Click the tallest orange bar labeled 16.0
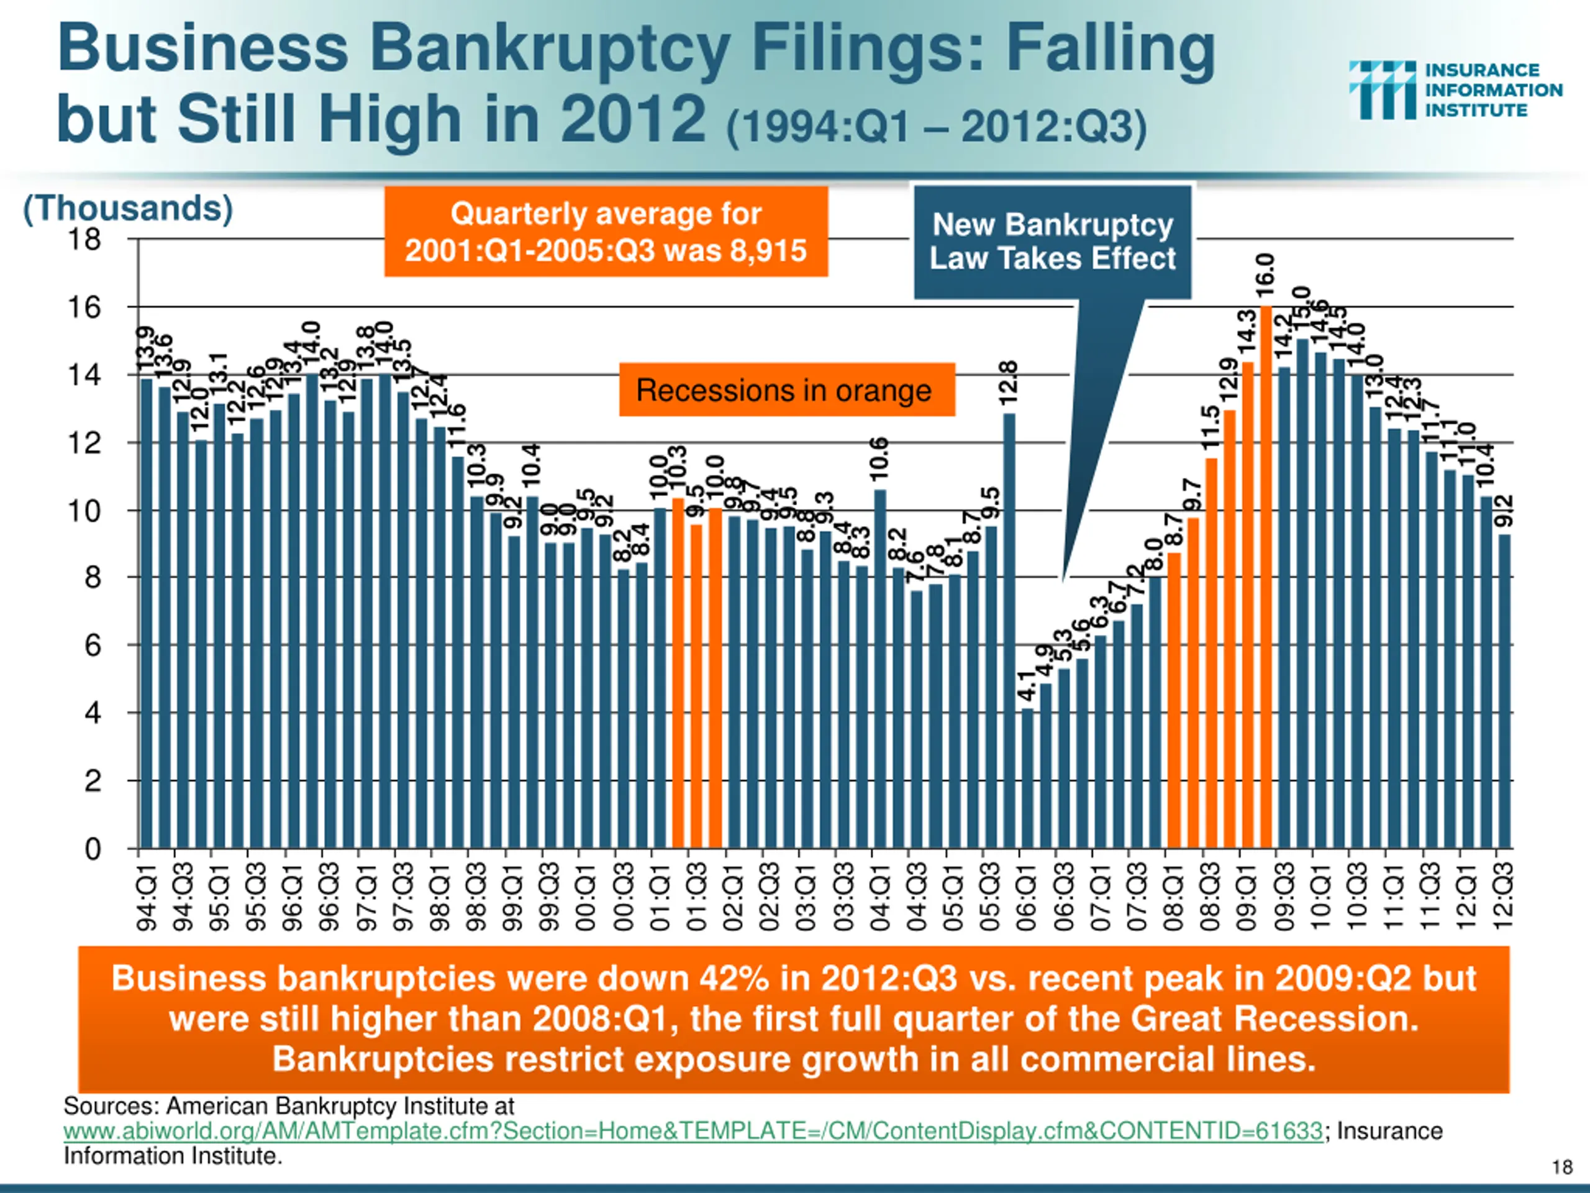pyautogui.click(x=1266, y=575)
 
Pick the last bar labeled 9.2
pyautogui.click(x=1504, y=690)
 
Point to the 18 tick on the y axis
pyautogui.click(x=85, y=239)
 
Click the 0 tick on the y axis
pyautogui.click(x=93, y=849)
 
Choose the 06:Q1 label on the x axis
pyautogui.click(x=1027, y=897)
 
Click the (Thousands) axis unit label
pyautogui.click(x=128, y=209)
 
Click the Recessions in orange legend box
pyautogui.click(x=786, y=390)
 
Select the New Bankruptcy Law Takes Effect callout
pyautogui.click(x=1052, y=242)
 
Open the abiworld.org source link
pyautogui.click(x=693, y=1131)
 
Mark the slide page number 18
pyautogui.click(x=1561, y=1166)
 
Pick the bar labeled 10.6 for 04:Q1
pyautogui.click(x=880, y=669)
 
